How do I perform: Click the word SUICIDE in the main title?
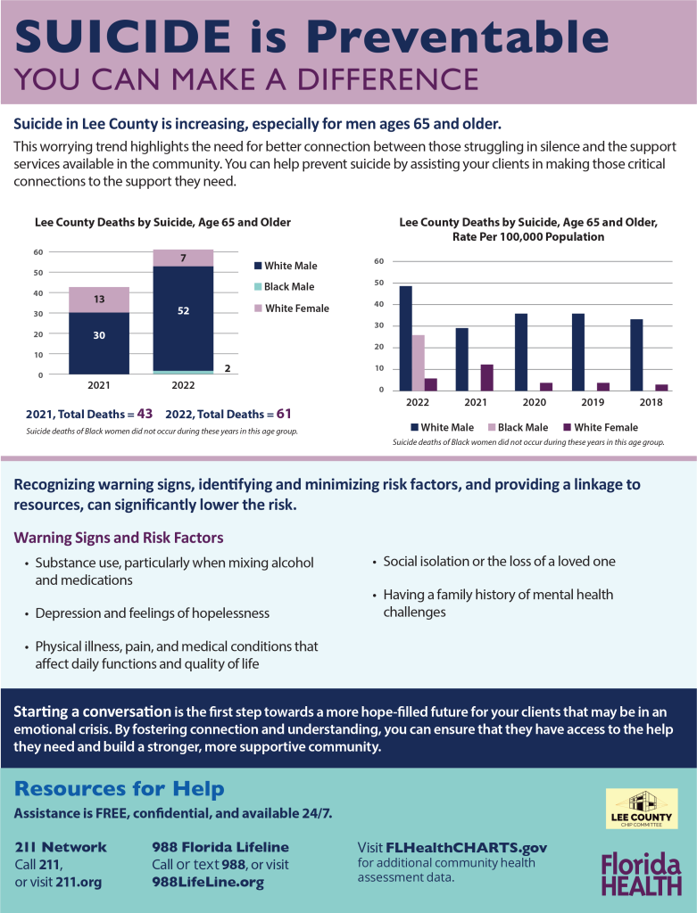123,36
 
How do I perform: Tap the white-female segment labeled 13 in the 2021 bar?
99,300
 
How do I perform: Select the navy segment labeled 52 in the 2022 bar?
183,318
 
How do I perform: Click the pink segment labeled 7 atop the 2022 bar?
183,258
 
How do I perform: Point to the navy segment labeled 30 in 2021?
99,343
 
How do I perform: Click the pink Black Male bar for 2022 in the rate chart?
419,363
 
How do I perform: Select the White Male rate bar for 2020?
521,352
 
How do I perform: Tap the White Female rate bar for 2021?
487,377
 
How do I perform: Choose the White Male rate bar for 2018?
636,355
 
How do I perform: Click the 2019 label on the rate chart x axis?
593,402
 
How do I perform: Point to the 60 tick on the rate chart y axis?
378,261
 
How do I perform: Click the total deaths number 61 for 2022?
284,414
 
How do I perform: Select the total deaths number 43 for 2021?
145,414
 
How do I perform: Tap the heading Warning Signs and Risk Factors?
119,538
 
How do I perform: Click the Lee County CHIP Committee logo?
642,808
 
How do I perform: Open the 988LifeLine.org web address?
208,882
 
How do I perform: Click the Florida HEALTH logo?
641,874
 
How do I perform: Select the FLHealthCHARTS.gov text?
466,847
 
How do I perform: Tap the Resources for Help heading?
120,788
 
